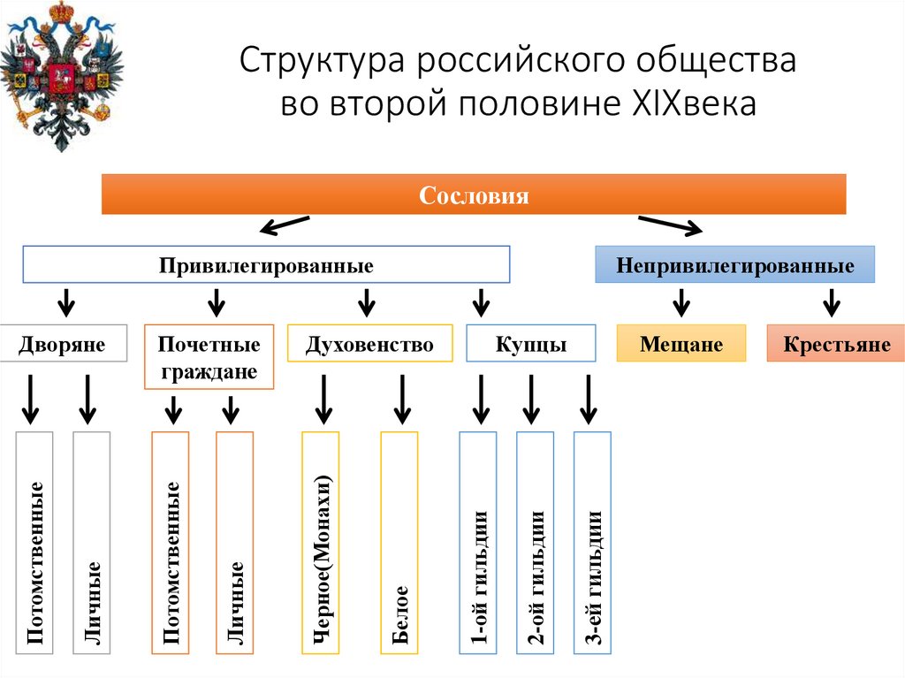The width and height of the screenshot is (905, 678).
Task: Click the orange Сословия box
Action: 474,194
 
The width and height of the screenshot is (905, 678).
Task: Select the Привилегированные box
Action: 266,264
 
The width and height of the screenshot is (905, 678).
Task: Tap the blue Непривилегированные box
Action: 734,264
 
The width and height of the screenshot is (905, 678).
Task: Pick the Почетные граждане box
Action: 209,357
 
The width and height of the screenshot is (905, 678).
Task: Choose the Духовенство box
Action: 369,343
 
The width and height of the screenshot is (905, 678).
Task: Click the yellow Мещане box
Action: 681,343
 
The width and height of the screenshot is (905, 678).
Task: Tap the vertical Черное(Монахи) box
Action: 321,543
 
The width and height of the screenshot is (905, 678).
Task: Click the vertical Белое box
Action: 399,543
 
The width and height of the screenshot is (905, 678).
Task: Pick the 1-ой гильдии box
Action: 477,543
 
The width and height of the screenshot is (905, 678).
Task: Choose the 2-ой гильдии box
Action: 535,543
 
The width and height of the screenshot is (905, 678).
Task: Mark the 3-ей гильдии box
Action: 592,543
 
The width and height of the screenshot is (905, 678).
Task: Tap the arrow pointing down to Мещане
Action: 681,302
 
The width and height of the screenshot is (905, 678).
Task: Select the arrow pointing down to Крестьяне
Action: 831,302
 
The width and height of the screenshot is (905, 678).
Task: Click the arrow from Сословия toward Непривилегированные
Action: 669,225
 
